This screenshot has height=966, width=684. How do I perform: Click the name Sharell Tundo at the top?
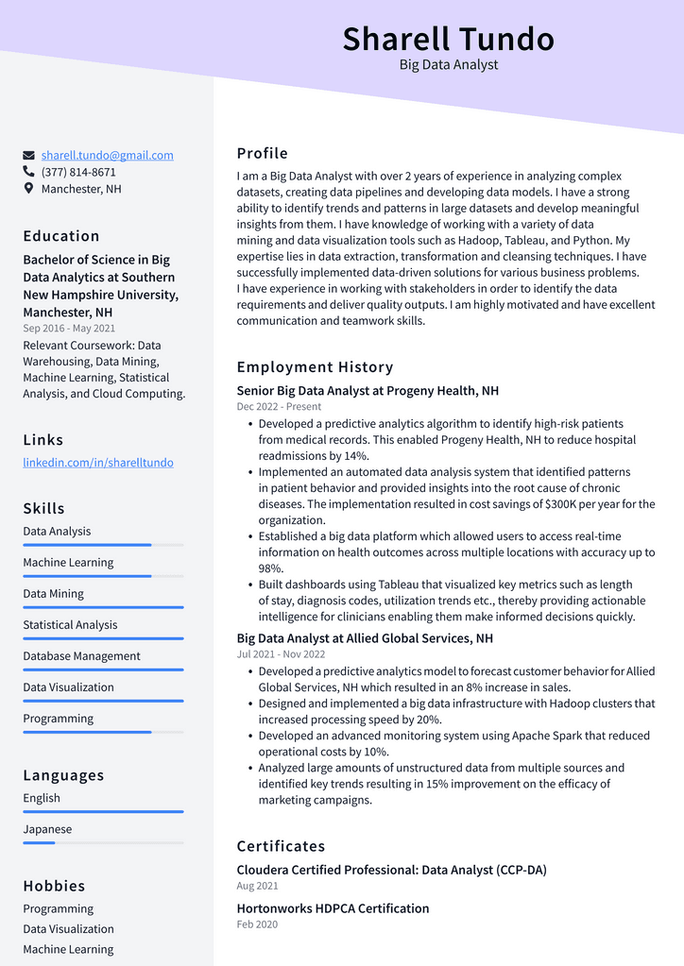coord(448,39)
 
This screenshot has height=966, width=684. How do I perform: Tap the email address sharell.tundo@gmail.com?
coord(107,155)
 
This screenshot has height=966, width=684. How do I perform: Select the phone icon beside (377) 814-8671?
coord(29,172)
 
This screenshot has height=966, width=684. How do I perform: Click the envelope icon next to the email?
coord(29,155)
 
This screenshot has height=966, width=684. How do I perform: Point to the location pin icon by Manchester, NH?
coord(29,189)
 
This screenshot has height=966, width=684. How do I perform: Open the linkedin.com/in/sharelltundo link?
coord(98,463)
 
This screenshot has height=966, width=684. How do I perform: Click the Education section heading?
coord(61,236)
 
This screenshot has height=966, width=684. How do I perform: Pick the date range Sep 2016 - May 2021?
coord(69,329)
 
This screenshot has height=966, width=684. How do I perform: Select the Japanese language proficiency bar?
coord(103,842)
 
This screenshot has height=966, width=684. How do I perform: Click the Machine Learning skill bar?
coord(103,576)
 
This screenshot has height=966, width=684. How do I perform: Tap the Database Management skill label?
coord(81,656)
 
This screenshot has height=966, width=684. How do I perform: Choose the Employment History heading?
coord(315,367)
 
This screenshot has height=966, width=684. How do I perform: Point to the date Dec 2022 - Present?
coord(279,407)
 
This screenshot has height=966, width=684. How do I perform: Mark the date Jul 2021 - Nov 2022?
coord(281,654)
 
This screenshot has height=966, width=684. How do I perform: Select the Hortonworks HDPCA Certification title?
coord(333,908)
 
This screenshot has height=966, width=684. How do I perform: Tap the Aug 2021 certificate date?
coord(257,887)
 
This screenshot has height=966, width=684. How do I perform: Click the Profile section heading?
coord(263,154)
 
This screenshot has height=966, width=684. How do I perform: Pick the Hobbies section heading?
coord(54,886)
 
